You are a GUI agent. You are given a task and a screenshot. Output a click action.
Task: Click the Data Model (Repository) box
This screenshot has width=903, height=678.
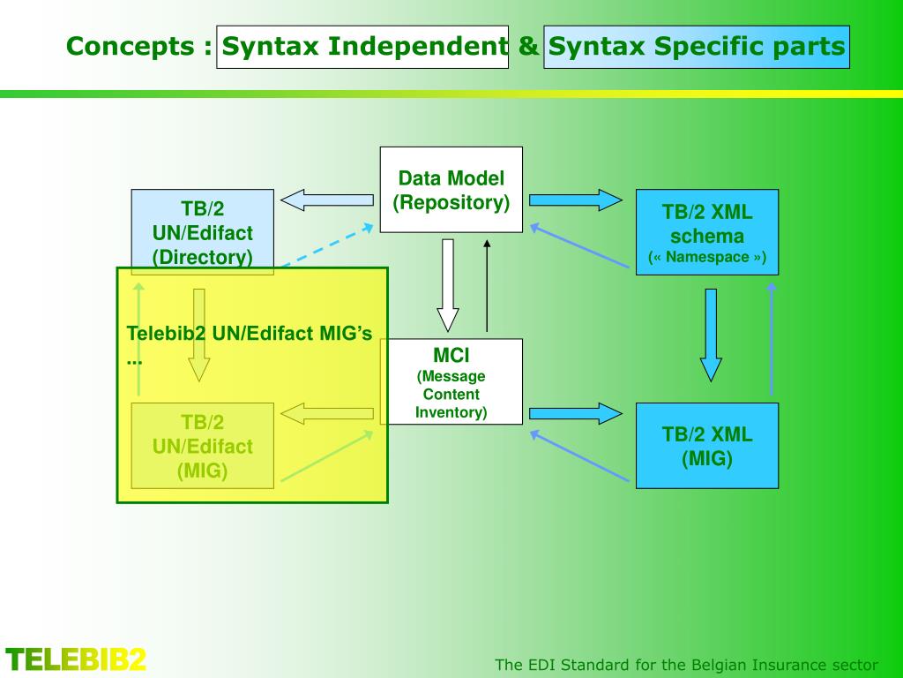[x=451, y=190]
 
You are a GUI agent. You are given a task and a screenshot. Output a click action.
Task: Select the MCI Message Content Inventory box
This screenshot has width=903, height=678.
[x=451, y=381]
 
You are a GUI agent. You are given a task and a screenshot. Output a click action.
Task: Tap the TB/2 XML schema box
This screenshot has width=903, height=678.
[x=707, y=232]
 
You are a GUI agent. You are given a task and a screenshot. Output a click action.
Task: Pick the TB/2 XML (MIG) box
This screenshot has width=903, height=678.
[x=707, y=446]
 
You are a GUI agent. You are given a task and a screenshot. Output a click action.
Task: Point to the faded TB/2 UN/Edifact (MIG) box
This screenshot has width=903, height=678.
[x=202, y=446]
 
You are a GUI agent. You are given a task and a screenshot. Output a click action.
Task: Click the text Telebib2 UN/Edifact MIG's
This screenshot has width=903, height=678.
[x=250, y=333]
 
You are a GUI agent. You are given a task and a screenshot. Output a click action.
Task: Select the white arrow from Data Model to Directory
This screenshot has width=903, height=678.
[x=326, y=200]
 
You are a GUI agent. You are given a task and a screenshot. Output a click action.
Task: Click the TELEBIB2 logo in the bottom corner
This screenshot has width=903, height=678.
[x=76, y=659]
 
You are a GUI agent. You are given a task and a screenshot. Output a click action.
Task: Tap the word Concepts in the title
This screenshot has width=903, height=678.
[x=132, y=46]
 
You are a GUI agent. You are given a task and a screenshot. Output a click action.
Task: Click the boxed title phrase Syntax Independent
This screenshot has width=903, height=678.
[x=362, y=47]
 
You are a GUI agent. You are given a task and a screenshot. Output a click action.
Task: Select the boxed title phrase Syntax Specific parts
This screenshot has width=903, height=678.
[x=697, y=47]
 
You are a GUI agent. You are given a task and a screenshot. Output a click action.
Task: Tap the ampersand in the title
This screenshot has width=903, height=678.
[x=527, y=47]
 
